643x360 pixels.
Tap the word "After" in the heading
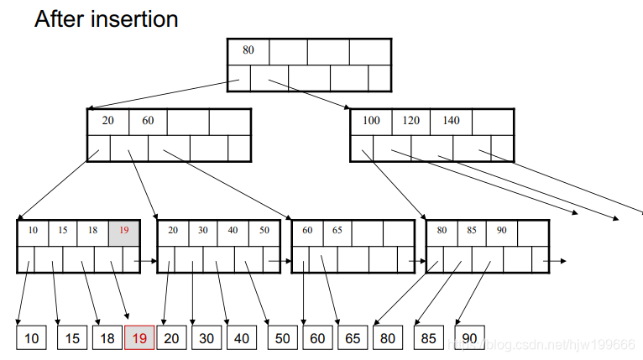[x=59, y=18]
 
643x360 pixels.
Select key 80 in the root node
[x=248, y=50]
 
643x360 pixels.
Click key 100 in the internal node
[x=371, y=121]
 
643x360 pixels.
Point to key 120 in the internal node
[x=410, y=121]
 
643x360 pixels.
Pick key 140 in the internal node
[x=451, y=121]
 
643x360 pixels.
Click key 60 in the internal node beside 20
[x=148, y=121]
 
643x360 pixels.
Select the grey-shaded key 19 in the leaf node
[x=123, y=231]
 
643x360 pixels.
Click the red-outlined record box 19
[x=139, y=338]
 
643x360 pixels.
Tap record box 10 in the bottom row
[x=32, y=338]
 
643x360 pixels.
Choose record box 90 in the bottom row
[x=469, y=338]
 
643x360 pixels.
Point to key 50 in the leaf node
[x=265, y=231]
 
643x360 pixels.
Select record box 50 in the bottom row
[x=282, y=338]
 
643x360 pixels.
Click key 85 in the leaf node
[x=471, y=231]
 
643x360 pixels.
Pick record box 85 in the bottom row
[x=428, y=338]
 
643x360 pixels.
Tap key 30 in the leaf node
[x=203, y=231]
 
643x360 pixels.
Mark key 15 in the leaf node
[x=62, y=231]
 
